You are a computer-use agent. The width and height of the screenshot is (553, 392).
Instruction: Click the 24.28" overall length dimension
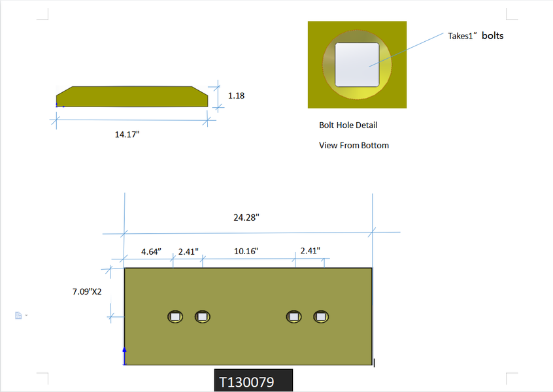[246, 218]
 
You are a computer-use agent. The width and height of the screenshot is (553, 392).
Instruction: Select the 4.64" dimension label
[151, 252]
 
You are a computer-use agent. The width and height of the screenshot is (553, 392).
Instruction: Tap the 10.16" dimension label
[246, 252]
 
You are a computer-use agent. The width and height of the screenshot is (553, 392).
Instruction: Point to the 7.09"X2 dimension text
[87, 291]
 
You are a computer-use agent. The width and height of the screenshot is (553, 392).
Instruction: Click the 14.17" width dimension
[127, 135]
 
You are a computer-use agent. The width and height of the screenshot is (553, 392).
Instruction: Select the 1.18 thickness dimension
[236, 95]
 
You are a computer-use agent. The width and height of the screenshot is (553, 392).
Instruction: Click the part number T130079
[246, 382]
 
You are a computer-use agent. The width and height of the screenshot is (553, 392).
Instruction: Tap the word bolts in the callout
[492, 35]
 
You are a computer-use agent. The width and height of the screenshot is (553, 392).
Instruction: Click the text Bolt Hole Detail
[348, 125]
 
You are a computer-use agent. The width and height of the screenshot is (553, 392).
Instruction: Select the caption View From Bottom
[354, 145]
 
